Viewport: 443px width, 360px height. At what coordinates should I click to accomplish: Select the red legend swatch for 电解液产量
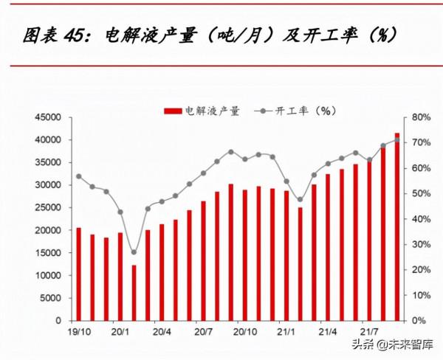coord(172,111)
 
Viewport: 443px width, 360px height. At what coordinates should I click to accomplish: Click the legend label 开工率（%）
coord(306,111)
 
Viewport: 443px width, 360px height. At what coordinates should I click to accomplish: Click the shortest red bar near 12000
coord(134,293)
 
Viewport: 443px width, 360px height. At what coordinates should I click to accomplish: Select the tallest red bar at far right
coord(396,227)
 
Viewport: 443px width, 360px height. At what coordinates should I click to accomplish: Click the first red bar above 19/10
coord(79,274)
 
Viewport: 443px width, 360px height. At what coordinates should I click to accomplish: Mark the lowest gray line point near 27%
coord(134,252)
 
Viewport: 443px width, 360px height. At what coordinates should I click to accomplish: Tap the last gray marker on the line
coord(396,139)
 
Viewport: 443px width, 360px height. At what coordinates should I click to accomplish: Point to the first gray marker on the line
coord(79,176)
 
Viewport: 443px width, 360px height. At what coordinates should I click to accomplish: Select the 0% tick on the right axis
coord(416,321)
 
